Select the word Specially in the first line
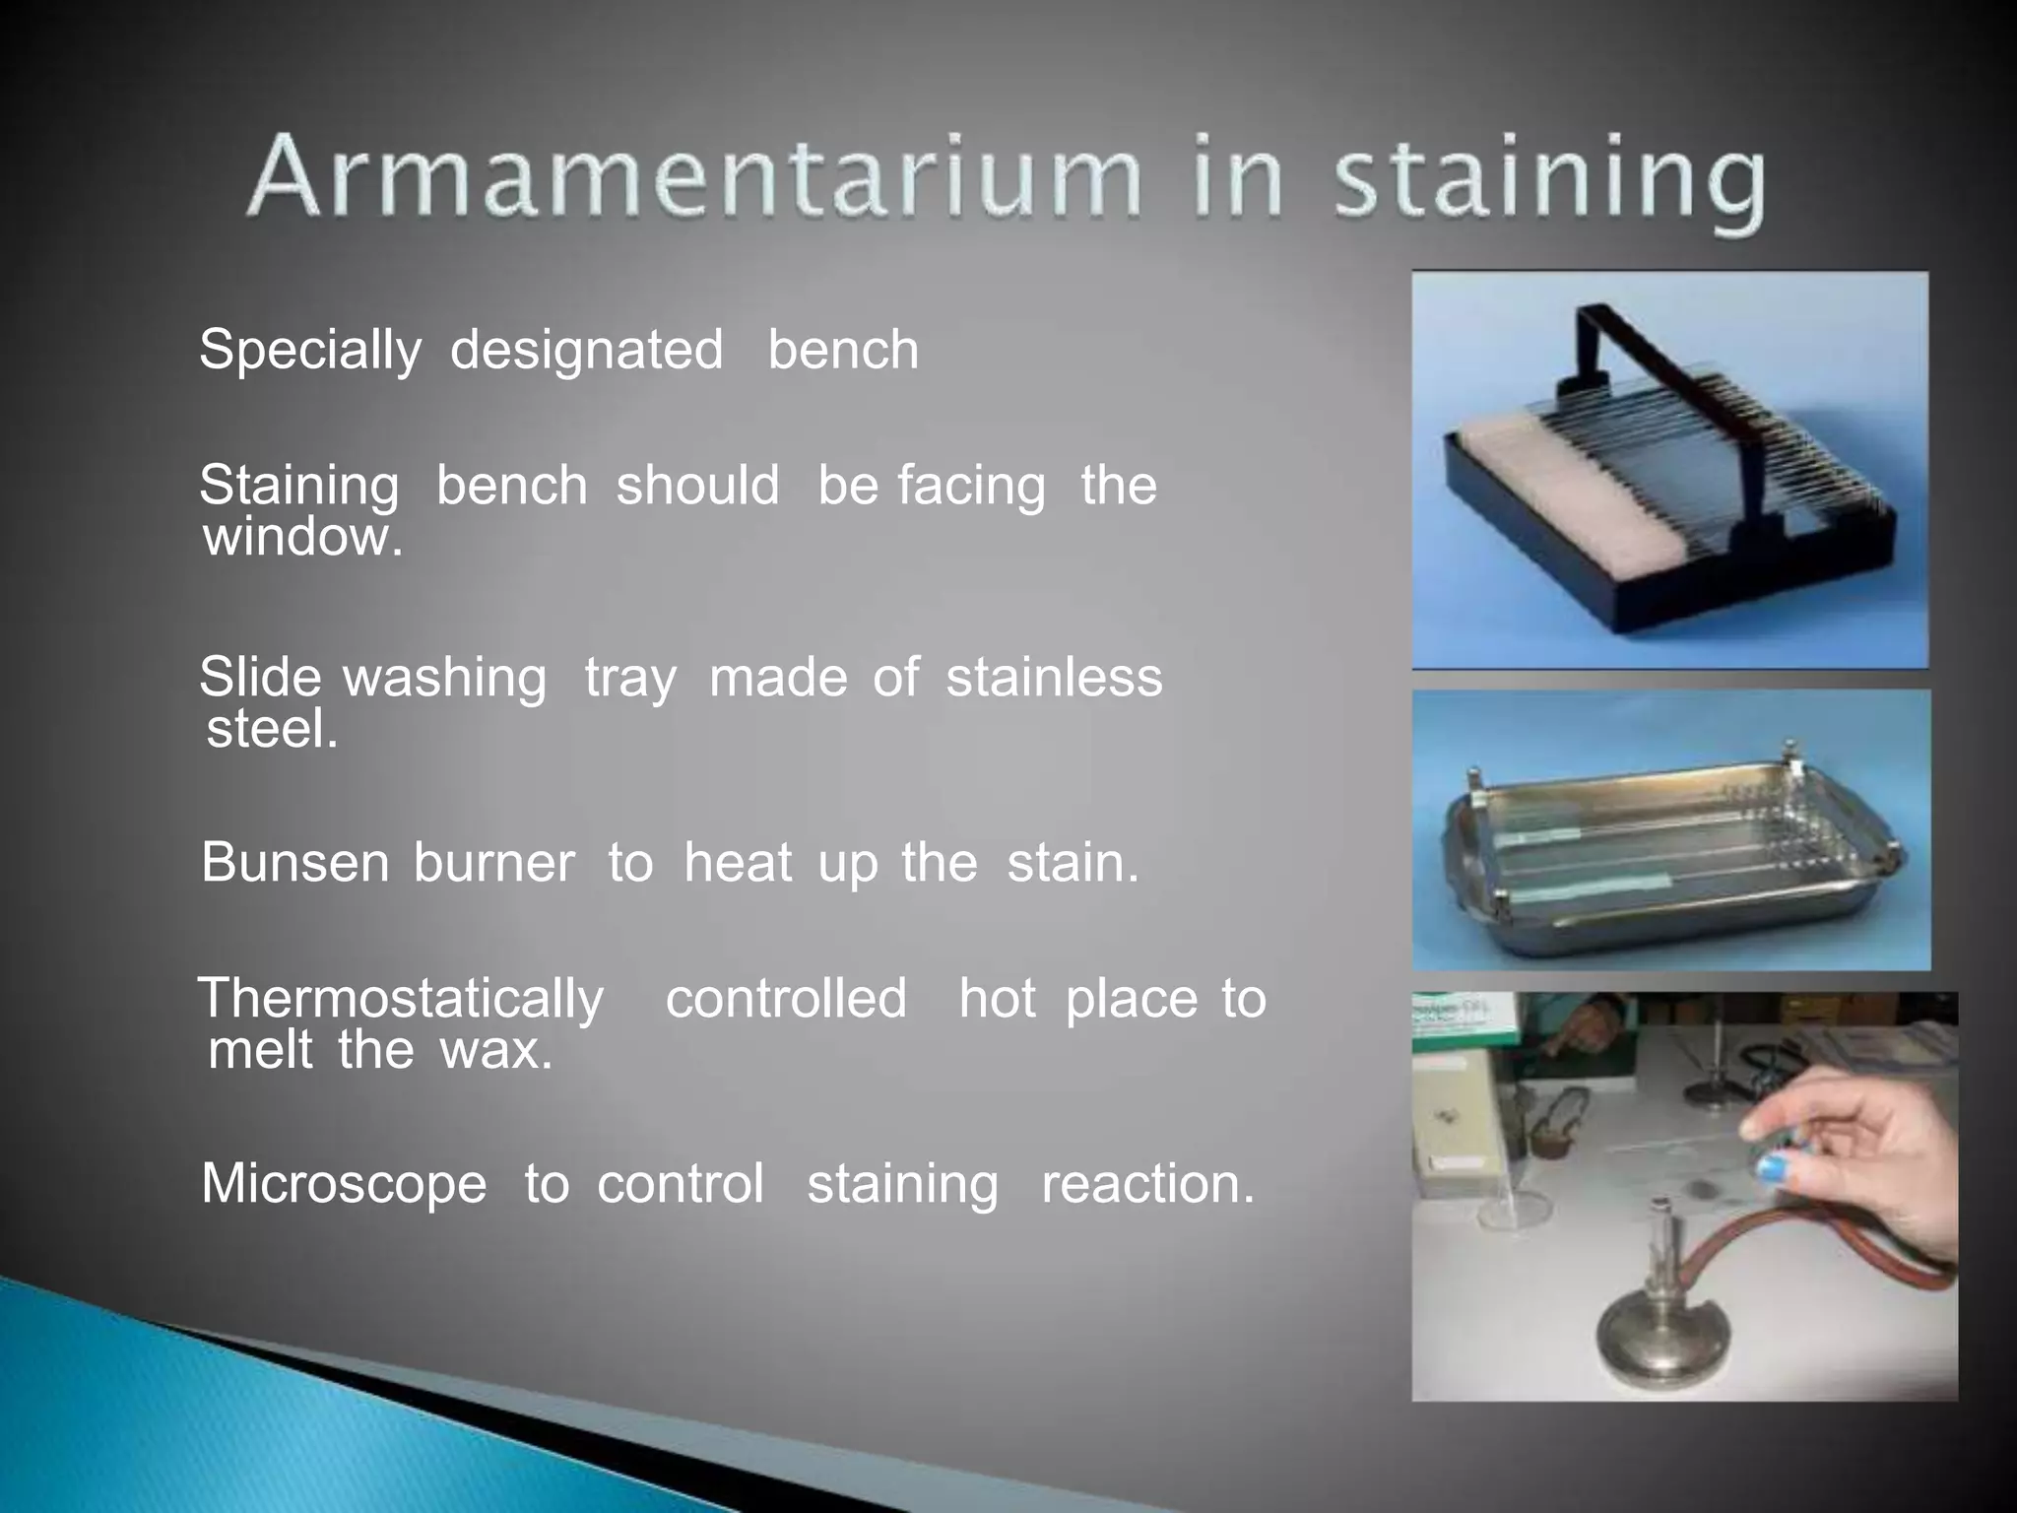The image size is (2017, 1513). [310, 351]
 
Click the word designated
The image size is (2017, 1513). [586, 351]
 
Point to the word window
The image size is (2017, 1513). [302, 537]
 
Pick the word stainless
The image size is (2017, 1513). [1054, 678]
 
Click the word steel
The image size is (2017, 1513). [272, 729]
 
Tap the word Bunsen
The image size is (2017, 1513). [295, 863]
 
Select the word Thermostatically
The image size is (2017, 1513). [402, 999]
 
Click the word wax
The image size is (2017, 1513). [496, 1050]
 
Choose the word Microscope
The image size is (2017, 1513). [344, 1183]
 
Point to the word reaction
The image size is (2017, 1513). [1148, 1183]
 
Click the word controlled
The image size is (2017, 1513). [786, 999]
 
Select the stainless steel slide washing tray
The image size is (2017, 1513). [1664, 867]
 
